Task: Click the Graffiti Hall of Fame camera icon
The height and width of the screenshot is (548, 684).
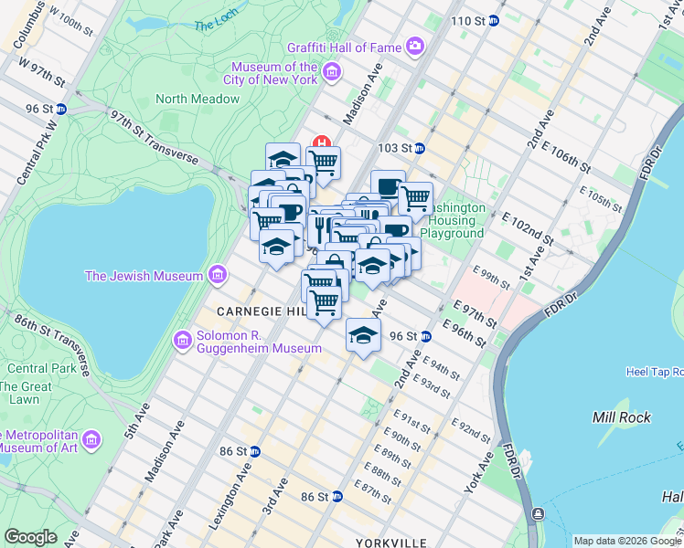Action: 415,45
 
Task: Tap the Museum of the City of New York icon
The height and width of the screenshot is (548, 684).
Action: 332,71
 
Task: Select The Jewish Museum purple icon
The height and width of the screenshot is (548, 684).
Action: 217,275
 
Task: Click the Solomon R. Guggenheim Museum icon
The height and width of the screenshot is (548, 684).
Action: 182,341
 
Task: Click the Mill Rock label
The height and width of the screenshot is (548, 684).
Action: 622,417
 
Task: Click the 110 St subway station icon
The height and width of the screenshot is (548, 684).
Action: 494,20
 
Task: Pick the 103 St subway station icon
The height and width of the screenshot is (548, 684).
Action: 420,148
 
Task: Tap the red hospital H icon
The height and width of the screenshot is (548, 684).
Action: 322,142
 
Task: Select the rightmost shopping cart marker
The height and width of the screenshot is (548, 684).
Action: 415,197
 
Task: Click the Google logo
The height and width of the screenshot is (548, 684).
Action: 30,537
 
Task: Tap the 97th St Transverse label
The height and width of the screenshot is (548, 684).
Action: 154,138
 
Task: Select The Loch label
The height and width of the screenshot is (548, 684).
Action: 215,25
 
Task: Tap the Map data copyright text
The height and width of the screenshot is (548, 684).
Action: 627,541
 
